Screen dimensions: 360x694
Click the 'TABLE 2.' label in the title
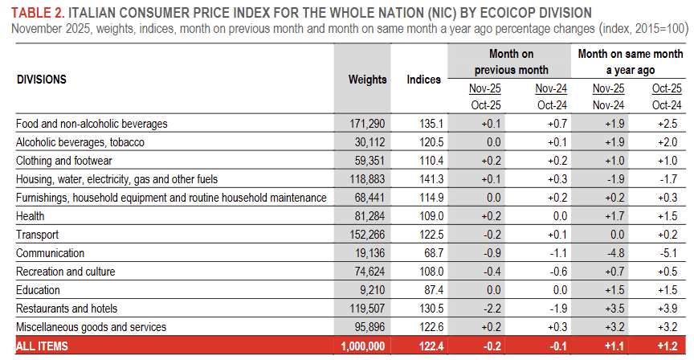click(x=36, y=13)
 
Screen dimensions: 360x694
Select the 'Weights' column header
click(x=367, y=80)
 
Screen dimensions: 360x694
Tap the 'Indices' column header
click(x=423, y=80)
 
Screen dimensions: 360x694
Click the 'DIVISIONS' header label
click(x=41, y=80)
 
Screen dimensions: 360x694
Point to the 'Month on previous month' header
click(x=511, y=62)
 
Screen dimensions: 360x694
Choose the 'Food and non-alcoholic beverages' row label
click(x=92, y=124)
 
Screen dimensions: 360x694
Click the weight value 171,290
click(x=367, y=124)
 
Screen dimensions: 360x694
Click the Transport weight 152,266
click(x=367, y=235)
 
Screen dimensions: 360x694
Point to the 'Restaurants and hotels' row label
click(x=67, y=309)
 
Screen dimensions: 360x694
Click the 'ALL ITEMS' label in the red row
click(x=42, y=346)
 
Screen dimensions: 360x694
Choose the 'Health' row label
click(x=30, y=216)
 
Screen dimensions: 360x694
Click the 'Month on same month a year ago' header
click(x=631, y=62)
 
